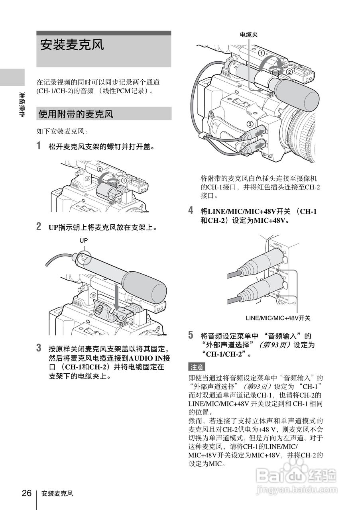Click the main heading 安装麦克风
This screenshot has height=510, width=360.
point(72,45)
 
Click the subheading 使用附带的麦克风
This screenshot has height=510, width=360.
point(76,114)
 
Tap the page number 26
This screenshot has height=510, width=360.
point(27,493)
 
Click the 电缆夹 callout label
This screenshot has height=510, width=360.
point(249,35)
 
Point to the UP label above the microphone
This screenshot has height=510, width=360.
point(83,240)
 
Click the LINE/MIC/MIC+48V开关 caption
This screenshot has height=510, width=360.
point(278,318)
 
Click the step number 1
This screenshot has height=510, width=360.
point(39,146)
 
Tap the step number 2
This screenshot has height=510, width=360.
point(39,227)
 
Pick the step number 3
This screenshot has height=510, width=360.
point(39,348)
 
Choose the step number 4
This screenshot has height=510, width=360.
point(191,210)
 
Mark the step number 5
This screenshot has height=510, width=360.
point(191,335)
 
